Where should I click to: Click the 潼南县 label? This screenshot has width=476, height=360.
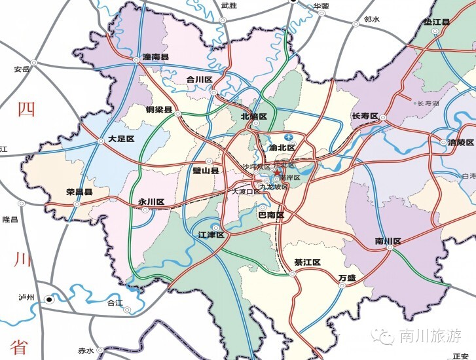tap(156, 58)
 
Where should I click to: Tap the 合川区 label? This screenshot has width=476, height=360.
tap(200, 80)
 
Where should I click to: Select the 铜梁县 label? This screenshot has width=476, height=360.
tap(159, 110)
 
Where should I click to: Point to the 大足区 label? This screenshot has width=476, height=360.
tap(121, 139)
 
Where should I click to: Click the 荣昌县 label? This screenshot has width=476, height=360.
tap(79, 192)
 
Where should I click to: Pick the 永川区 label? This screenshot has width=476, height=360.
tap(151, 202)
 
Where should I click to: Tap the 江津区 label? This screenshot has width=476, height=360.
tap(211, 234)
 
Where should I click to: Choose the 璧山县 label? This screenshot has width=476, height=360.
tap(205, 170)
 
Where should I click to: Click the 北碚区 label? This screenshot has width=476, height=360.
tap(254, 117)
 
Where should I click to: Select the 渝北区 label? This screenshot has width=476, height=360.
tap(283, 148)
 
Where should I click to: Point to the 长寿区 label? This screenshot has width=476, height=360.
tap(365, 117)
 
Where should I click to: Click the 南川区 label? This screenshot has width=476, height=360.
tap(388, 242)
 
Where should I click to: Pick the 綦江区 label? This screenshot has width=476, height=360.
tap(307, 262)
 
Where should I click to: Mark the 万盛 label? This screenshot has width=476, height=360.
tap(347, 278)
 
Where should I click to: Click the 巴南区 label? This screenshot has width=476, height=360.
tap(270, 215)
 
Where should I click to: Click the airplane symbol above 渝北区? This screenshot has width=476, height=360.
tap(289, 136)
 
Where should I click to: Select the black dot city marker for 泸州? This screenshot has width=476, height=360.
tap(48, 300)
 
